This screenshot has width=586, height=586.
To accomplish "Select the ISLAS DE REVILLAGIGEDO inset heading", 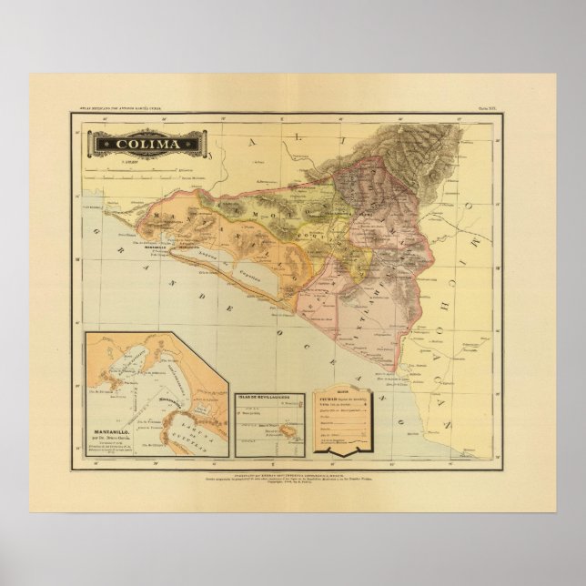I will click(270, 398).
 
